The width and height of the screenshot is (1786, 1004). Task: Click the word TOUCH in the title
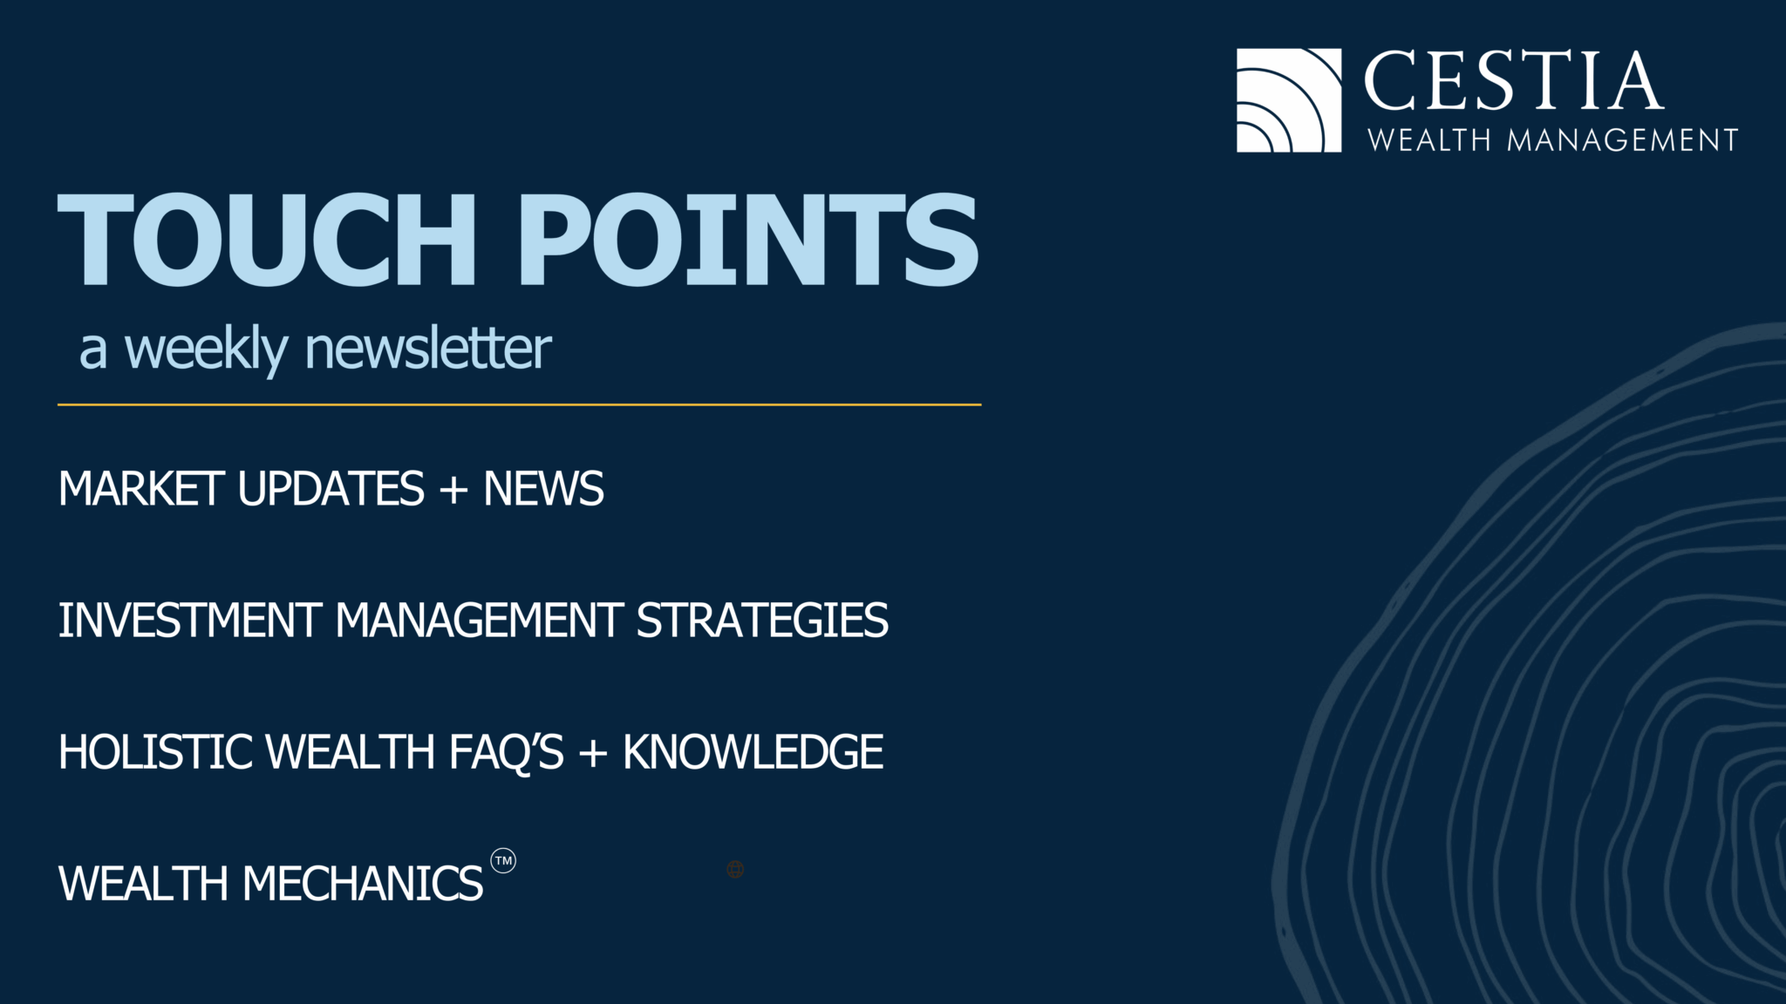tap(267, 240)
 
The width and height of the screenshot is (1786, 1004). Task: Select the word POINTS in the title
tap(748, 240)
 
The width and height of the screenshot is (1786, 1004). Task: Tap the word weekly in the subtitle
tap(206, 349)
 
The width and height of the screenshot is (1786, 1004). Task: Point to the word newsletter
tap(427, 349)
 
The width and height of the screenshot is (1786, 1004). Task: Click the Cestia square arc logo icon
tap(1288, 100)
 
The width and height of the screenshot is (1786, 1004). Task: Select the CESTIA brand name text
tap(1514, 81)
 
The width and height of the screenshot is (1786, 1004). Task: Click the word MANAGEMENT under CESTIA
tap(1622, 140)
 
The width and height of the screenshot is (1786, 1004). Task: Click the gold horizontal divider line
tap(519, 404)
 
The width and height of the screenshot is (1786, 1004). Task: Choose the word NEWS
tap(543, 489)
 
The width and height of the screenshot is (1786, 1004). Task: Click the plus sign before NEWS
tap(453, 490)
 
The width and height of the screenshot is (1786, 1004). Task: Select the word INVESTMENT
tap(189, 621)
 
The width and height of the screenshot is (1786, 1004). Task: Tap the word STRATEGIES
tap(762, 621)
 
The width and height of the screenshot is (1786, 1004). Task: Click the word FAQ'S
tap(506, 752)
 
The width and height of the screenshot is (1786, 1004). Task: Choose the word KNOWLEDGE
tap(753, 752)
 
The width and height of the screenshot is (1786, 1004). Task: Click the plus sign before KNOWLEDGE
tap(592, 753)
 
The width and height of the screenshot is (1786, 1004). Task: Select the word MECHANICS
tap(362, 884)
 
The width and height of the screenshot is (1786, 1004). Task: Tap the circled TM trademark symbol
tap(503, 861)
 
